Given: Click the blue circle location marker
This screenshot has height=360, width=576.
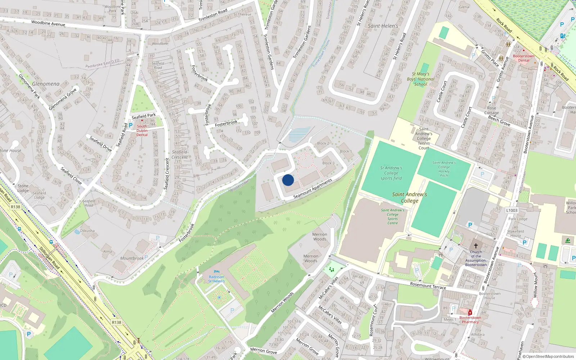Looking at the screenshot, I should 288,180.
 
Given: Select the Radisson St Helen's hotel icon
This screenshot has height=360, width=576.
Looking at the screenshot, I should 216,272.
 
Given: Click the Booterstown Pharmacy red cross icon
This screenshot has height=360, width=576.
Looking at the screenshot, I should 470,312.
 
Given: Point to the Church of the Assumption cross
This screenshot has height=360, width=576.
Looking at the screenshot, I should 476,246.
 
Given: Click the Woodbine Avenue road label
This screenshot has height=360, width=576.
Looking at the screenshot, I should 48,23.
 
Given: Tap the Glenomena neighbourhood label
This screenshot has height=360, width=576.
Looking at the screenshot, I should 46,84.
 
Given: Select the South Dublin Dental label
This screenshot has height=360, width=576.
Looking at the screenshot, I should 142,130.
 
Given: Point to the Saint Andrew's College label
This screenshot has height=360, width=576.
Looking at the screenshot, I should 410,198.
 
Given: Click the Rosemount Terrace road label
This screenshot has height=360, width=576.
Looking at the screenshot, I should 428,285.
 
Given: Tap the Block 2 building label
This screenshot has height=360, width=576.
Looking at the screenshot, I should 323,143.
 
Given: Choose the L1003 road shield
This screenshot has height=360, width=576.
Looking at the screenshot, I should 512,211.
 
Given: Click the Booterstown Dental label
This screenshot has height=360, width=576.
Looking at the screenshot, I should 523,58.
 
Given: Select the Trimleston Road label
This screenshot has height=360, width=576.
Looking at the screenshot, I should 213,15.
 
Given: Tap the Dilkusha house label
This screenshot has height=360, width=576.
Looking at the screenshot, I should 87,231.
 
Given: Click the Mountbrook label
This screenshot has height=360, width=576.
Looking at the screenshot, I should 132,258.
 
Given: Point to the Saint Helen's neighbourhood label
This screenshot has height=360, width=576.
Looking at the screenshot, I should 383,26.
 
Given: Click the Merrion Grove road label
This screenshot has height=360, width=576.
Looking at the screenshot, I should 264,350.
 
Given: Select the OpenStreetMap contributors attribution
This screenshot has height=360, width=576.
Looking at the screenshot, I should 548,357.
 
